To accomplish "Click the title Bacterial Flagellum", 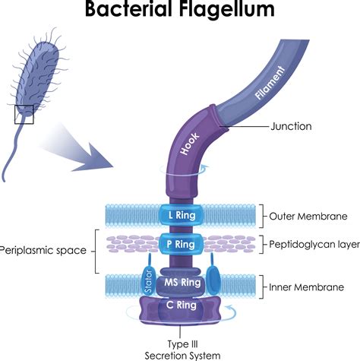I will click(180, 11).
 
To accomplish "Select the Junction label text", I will click(290, 126).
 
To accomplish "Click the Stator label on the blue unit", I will click(149, 281).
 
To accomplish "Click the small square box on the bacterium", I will click(24, 114).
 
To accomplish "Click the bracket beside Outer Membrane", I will click(262, 215).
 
